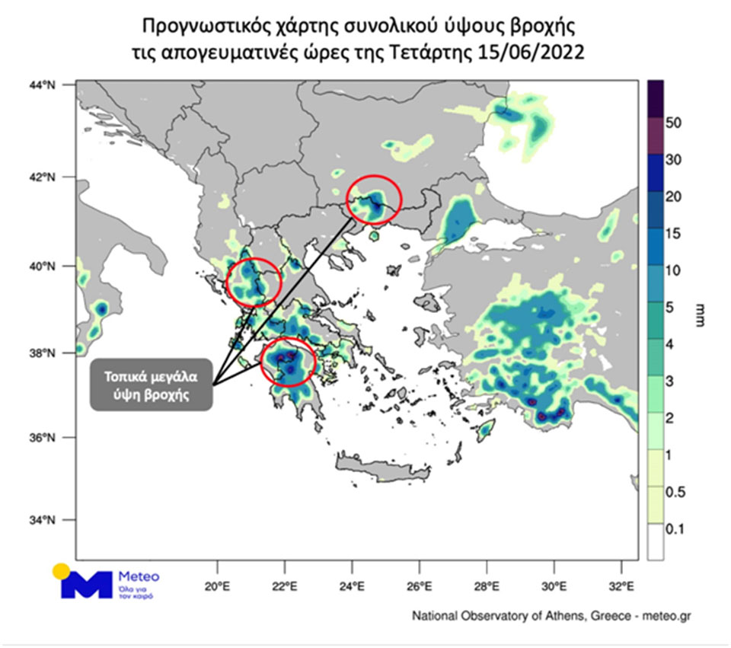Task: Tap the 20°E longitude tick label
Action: pos(218,586)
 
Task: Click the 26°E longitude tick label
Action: pos(420,586)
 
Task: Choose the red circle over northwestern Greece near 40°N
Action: pos(254,283)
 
